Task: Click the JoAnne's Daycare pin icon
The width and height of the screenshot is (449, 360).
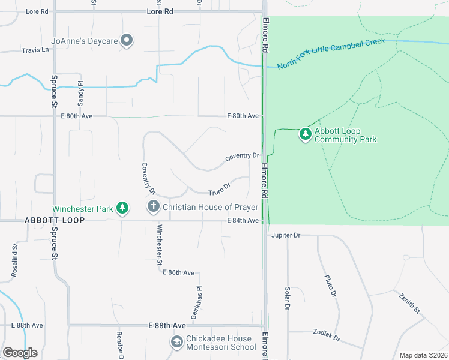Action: (127, 41)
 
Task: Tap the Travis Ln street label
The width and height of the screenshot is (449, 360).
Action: (35, 50)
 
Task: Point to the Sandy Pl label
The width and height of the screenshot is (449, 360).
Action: (80, 92)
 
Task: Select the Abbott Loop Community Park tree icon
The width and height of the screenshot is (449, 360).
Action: (306, 134)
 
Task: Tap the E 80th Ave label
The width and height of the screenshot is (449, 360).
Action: (243, 116)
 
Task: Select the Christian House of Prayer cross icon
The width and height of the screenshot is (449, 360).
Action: (154, 207)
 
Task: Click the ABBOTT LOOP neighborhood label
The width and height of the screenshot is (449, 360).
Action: (55, 221)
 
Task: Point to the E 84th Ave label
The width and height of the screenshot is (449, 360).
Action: (243, 221)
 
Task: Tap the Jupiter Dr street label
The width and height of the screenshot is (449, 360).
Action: (285, 235)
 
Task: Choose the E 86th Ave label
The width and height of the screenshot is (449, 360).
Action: (179, 272)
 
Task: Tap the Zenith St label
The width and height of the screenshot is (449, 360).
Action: (409, 303)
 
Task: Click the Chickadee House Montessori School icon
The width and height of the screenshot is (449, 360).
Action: (176, 343)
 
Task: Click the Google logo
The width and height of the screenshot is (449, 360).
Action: (20, 353)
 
